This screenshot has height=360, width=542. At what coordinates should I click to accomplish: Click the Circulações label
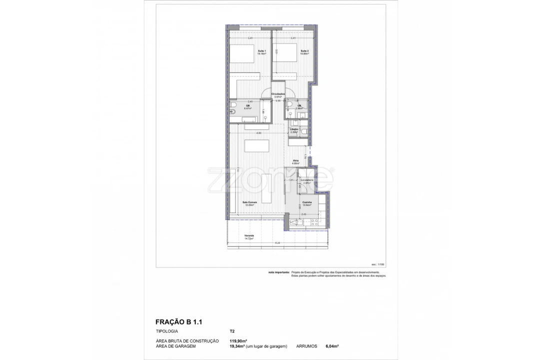(x=278, y=95)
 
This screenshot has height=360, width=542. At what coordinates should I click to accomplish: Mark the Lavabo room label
(x=294, y=130)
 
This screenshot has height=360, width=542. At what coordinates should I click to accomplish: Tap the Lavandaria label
(x=306, y=181)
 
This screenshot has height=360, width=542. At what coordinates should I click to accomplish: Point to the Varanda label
(x=249, y=236)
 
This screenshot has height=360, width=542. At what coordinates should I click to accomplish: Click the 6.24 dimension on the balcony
(x=277, y=243)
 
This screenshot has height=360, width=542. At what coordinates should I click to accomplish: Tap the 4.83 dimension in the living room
(x=259, y=133)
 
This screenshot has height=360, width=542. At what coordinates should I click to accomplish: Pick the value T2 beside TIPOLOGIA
(x=232, y=331)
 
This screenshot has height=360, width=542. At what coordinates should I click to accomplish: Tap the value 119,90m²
(x=239, y=341)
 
